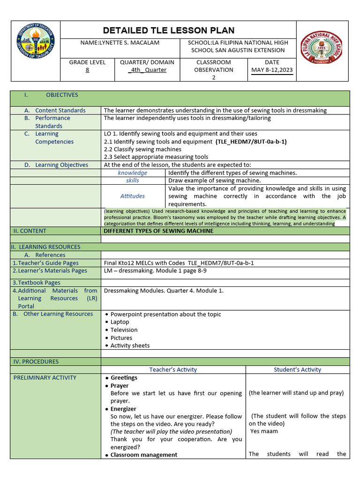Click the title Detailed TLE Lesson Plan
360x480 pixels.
169,30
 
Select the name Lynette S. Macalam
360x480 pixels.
120,43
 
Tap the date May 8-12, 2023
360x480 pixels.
272,70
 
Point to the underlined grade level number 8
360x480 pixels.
87,70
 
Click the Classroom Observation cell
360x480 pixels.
214,69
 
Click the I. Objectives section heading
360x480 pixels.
51,95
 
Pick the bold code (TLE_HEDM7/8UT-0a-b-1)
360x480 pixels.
251,142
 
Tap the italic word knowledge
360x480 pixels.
133,173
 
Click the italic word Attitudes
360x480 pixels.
133,196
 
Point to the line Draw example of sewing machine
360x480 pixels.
215,180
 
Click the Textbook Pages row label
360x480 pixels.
37,283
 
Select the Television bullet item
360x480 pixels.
124,330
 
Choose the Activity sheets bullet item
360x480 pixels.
130,345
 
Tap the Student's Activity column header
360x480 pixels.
297,369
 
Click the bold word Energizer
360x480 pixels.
123,409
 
